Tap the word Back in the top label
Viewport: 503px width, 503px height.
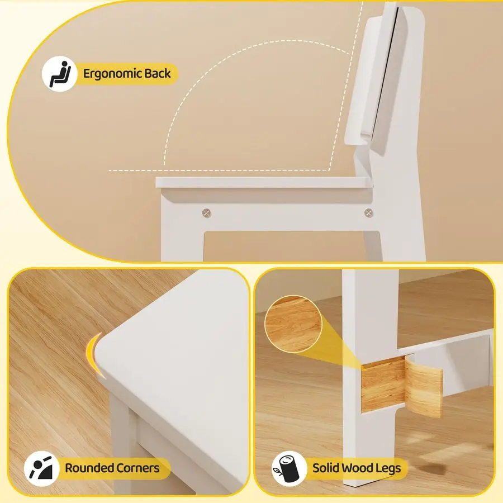(157, 73)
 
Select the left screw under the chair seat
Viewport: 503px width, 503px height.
(207, 212)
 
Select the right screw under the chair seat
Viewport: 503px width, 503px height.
(368, 212)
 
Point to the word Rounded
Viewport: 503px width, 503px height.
(89, 468)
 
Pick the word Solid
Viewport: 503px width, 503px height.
(326, 468)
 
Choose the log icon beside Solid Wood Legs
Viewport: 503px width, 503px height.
(288, 468)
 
